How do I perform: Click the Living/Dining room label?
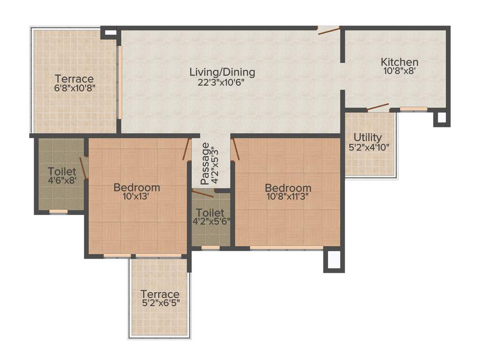[222, 72]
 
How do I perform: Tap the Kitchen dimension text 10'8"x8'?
[399, 71]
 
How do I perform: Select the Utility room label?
[367, 137]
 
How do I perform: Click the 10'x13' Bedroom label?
[137, 187]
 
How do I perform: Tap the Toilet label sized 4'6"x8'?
[62, 171]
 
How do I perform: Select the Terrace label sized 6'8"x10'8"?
[74, 79]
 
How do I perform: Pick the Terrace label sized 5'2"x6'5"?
[160, 294]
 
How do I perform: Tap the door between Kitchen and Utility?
[378, 107]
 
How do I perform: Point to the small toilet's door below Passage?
[202, 193]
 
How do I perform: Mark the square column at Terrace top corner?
[110, 33]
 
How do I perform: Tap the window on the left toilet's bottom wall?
[59, 211]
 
